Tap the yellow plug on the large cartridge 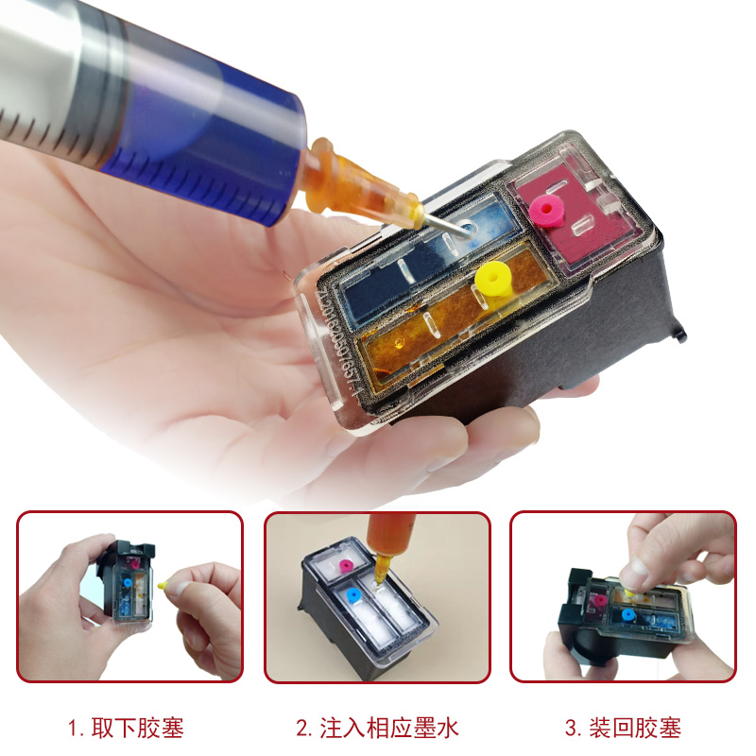coord(492,280)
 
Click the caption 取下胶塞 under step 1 coord(137,728)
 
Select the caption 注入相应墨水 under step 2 coord(388,728)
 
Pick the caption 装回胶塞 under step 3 coord(635,728)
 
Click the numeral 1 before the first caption coord(73,729)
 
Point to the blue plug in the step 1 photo coord(128,582)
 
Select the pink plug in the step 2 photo coord(346,566)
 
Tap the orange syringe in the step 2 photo coord(386,545)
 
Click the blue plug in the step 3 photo coord(627,614)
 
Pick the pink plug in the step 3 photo coord(600,600)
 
